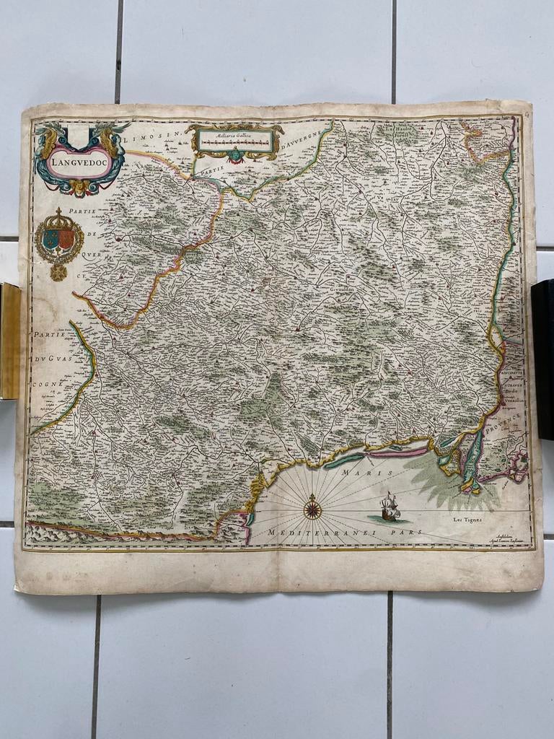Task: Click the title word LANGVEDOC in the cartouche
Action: click(73, 163)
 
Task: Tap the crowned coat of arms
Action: click(58, 240)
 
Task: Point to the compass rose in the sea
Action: click(312, 508)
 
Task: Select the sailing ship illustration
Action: click(390, 507)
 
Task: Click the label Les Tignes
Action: click(467, 519)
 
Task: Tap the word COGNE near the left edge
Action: click(42, 384)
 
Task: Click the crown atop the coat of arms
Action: click(58, 214)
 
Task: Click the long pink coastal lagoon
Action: click(401, 453)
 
